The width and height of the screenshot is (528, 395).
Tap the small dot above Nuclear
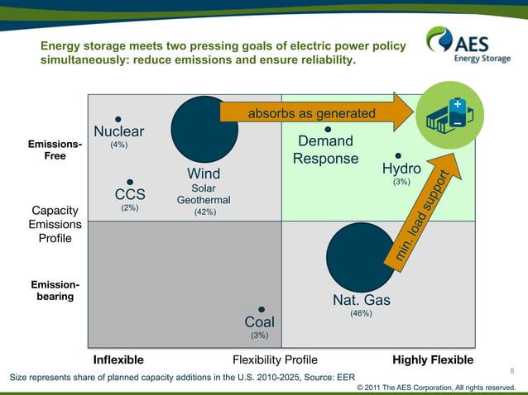tap(118, 119)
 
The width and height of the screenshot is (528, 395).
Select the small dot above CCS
tap(130, 183)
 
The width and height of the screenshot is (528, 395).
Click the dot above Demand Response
tap(328, 129)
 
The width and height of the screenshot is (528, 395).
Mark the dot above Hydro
tap(398, 155)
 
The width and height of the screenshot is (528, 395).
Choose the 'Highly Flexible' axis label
tap(433, 360)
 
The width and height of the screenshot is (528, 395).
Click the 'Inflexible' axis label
tap(118, 360)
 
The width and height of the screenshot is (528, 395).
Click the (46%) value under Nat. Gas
tap(360, 313)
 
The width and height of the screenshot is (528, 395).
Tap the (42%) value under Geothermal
tap(204, 212)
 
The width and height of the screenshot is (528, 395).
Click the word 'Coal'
tap(259, 321)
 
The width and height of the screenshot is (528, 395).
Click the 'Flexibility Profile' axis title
tap(275, 360)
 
